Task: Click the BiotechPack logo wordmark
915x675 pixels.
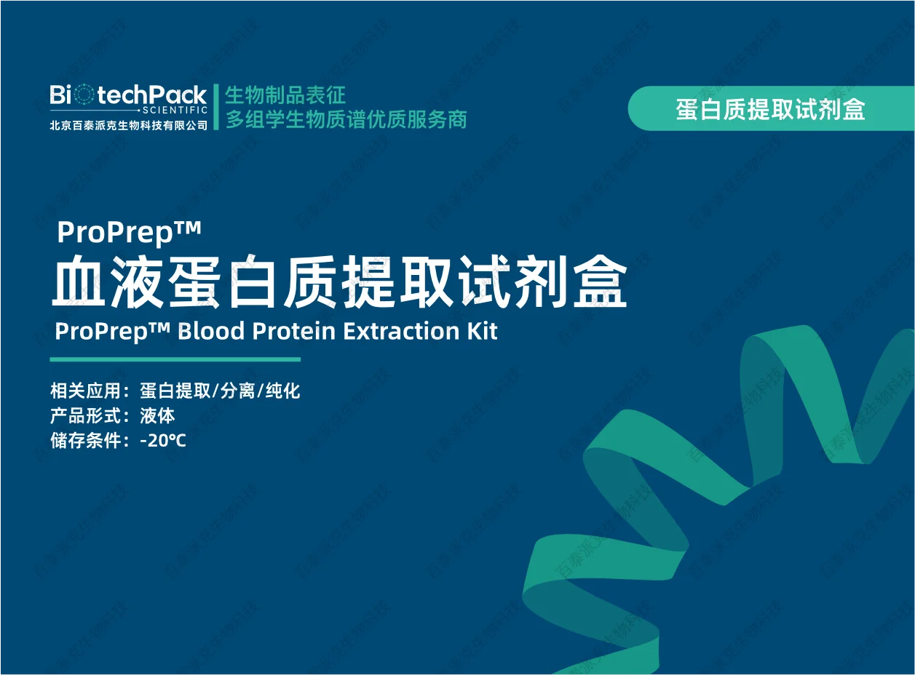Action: [x=128, y=95]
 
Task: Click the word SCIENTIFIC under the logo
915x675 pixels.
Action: [x=175, y=110]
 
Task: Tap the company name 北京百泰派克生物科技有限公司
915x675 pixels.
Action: [x=128, y=125]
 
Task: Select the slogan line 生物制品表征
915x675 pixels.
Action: [x=285, y=95]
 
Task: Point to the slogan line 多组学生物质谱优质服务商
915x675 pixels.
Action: [x=345, y=119]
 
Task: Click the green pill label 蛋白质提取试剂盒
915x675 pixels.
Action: [x=770, y=109]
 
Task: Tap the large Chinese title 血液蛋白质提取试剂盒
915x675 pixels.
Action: [x=339, y=283]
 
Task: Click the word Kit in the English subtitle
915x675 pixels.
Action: [x=482, y=331]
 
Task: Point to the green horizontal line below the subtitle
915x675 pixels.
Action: [x=175, y=359]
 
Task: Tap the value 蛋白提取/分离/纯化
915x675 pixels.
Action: [x=220, y=391]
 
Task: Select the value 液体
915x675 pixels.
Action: [x=157, y=416]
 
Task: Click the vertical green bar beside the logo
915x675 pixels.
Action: [x=215, y=106]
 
